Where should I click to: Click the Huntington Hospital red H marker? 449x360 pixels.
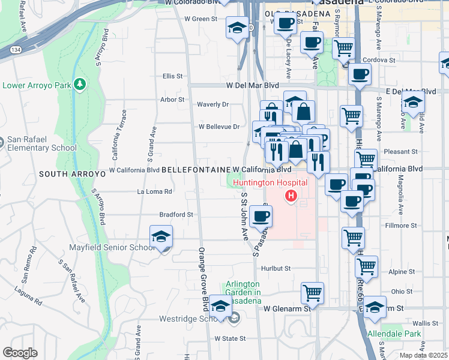(292, 195)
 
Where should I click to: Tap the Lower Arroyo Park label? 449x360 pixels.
(37, 85)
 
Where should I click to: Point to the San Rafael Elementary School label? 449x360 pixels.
(41, 144)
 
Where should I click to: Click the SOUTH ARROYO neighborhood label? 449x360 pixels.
(72, 174)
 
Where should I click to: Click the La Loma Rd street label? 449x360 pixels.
(155, 192)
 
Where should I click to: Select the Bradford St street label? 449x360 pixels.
(176, 214)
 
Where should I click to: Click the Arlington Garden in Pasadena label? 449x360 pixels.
(243, 292)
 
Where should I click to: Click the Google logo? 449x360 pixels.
(20, 353)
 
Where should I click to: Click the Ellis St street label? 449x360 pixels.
(172, 76)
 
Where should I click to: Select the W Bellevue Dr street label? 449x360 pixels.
(219, 127)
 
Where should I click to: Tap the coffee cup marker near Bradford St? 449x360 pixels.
(261, 216)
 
